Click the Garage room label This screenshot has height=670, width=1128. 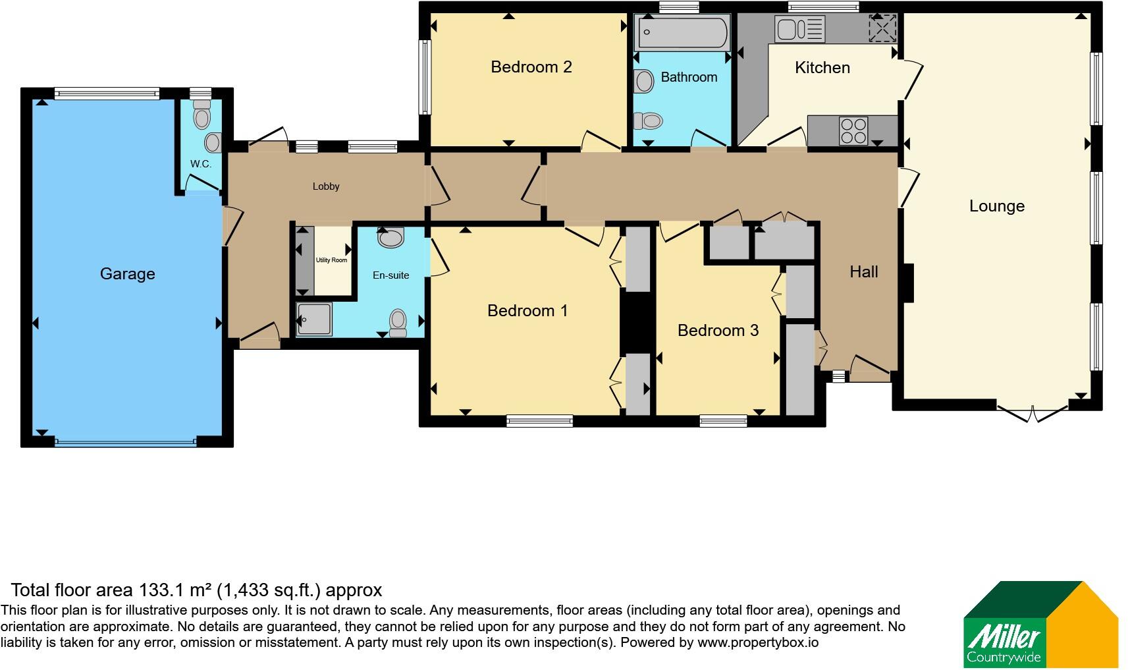pos(127,273)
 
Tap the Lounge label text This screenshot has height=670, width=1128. pos(997,206)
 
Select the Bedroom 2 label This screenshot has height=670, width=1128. pos(531,67)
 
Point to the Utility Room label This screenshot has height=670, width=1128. pos(331,260)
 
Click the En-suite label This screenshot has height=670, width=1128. pos(390,275)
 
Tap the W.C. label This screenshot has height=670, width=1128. pos(200,164)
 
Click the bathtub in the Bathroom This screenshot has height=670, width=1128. pos(682,32)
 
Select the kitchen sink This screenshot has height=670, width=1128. pos(799,28)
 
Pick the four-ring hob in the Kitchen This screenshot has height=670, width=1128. pos(853,131)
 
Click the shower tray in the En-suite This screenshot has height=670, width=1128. pos(313,319)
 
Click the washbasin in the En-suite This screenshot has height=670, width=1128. pos(390,237)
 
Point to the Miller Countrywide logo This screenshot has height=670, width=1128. pos(1040,624)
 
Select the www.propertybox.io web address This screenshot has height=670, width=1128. pos(758,642)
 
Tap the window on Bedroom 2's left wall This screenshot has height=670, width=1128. pos(425,77)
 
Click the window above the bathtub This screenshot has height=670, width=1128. pos(679,7)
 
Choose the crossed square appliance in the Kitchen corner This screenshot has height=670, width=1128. pos(883,28)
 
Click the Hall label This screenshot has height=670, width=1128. pos(864,272)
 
